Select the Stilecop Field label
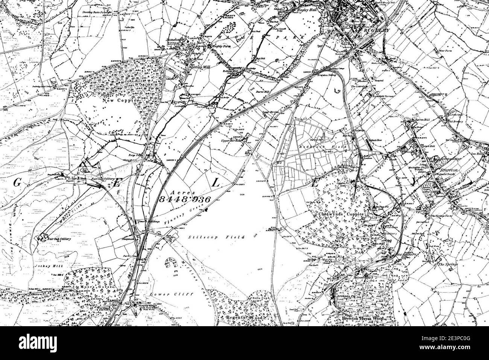(x=216, y=237)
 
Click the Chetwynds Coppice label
(x=342, y=214)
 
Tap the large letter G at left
(x=17, y=183)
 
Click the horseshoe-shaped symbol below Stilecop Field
(x=172, y=263)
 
